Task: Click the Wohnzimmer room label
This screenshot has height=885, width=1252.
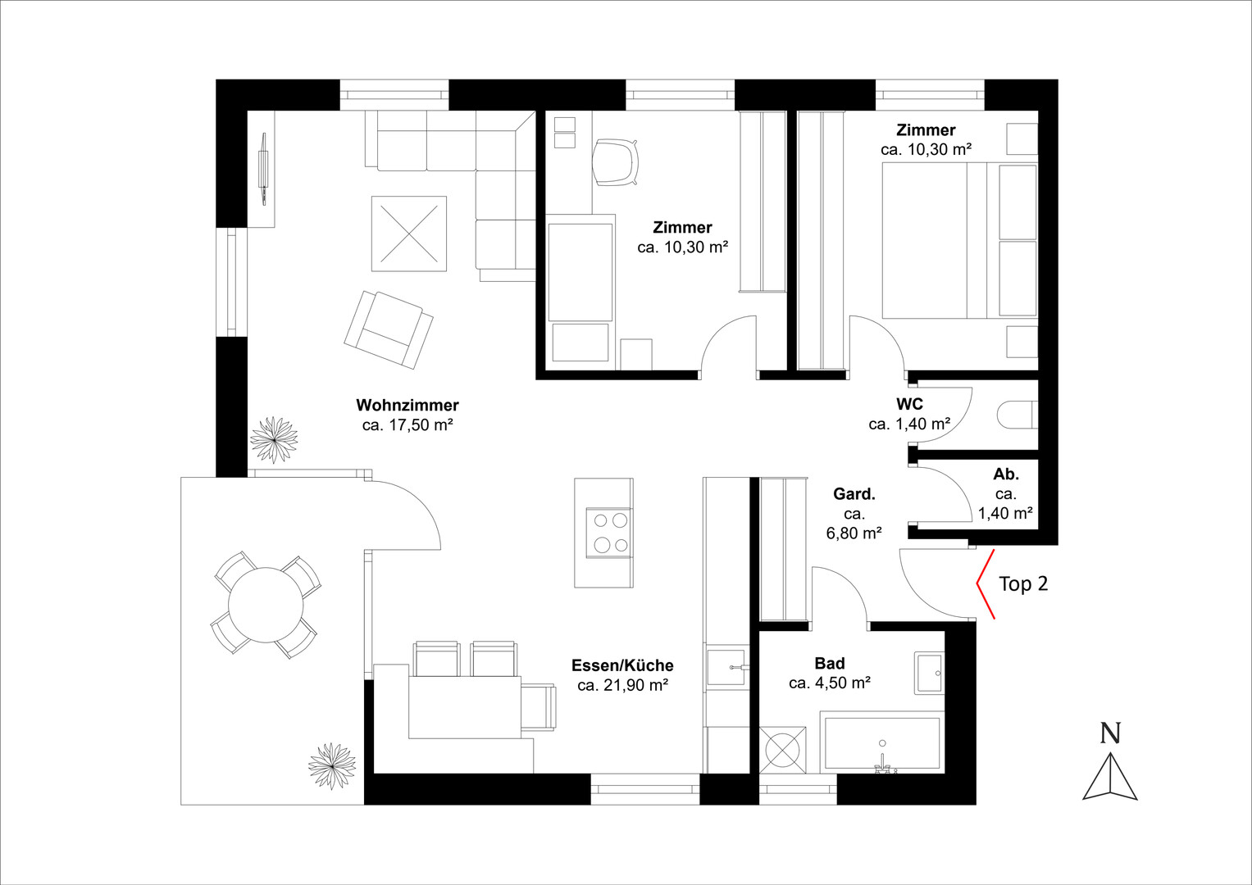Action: click(407, 405)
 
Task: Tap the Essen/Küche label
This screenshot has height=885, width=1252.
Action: click(622, 665)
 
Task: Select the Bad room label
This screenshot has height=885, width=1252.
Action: click(830, 663)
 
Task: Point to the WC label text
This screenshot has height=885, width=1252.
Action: click(909, 403)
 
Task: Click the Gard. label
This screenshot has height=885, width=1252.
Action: click(854, 494)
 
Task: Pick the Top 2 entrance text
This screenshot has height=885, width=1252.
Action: click(1023, 583)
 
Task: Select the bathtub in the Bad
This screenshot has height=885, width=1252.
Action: click(882, 742)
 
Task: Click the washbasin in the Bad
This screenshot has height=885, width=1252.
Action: click(929, 674)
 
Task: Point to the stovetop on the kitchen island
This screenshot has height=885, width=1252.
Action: click(609, 533)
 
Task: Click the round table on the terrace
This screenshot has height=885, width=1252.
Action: click(266, 605)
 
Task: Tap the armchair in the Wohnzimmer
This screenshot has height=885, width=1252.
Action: click(389, 329)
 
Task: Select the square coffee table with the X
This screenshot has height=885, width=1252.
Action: click(409, 234)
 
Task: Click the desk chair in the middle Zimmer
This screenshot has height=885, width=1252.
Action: click(615, 162)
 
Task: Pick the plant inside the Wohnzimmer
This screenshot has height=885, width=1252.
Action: click(274, 440)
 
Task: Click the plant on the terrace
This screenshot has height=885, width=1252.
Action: click(333, 766)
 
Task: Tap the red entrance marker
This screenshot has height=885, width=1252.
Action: click(986, 583)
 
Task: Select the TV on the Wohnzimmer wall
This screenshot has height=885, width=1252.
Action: click(262, 170)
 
